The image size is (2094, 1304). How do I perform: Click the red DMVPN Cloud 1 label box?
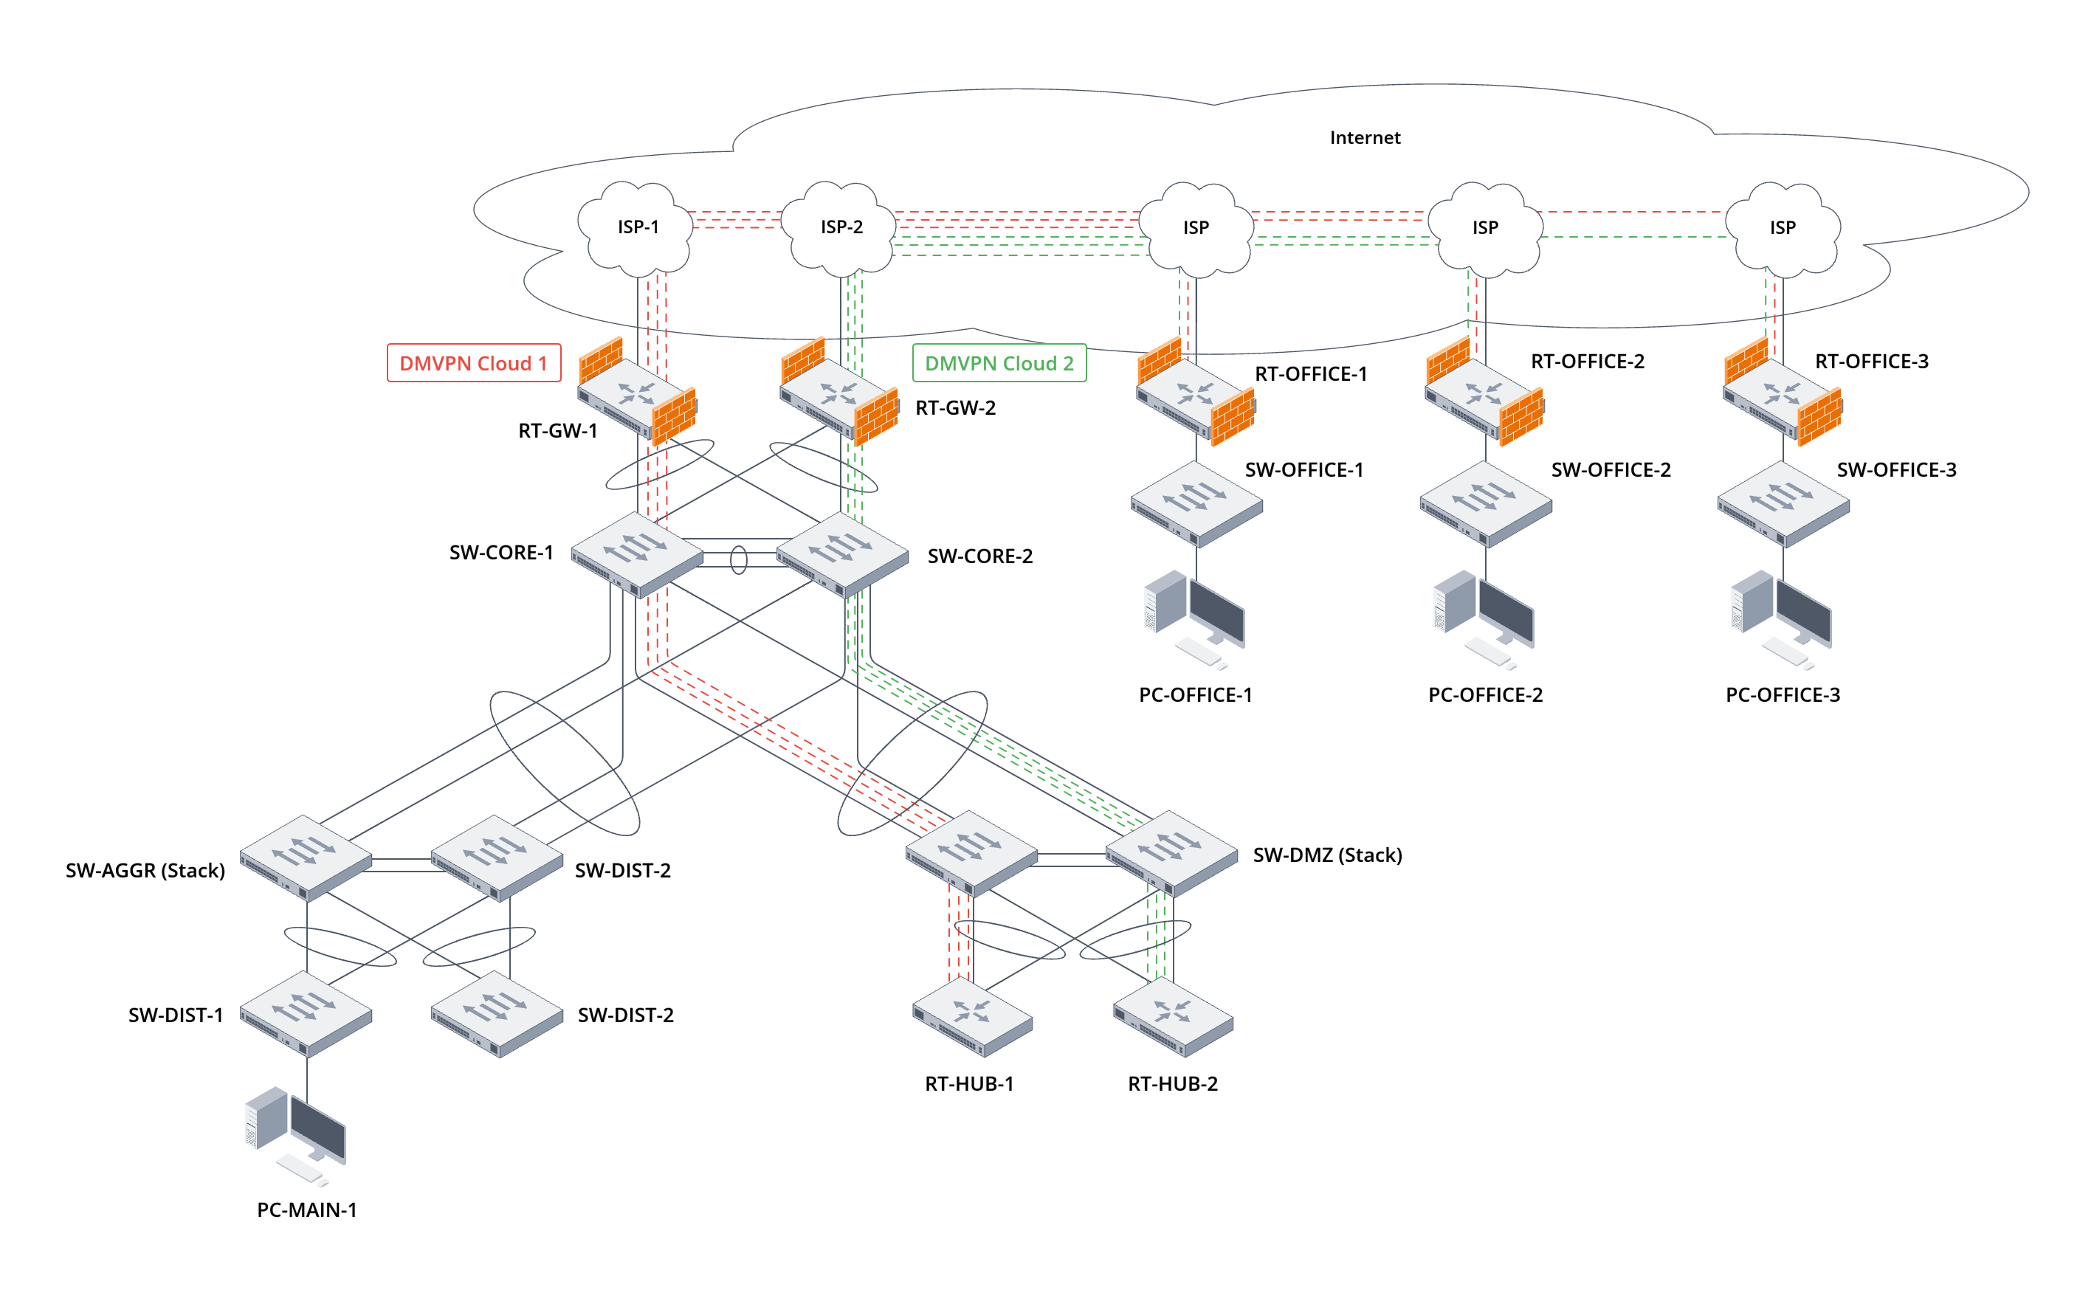pyautogui.click(x=473, y=363)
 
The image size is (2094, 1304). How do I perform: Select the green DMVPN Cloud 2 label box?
pyautogui.click(x=999, y=363)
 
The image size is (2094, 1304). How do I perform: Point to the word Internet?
pyautogui.click(x=1364, y=138)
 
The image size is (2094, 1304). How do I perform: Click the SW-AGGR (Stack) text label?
pyautogui.click(x=145, y=870)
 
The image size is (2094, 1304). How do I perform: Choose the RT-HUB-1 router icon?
pyautogui.click(x=972, y=1017)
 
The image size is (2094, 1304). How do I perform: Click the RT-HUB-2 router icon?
pyautogui.click(x=1173, y=1017)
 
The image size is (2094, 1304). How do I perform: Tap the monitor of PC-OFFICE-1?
pyautogui.click(x=1217, y=613)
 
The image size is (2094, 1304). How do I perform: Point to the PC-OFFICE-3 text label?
pyautogui.click(x=1782, y=695)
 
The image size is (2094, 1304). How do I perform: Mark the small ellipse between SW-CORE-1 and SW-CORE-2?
pyautogui.click(x=738, y=559)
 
